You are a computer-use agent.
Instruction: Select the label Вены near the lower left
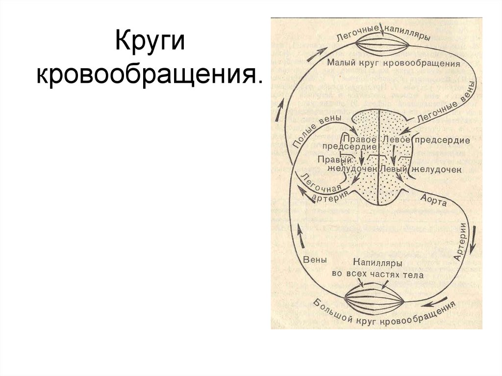(315, 260)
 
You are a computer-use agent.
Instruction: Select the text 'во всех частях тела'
(377, 275)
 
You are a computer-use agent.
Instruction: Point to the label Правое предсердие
(350, 143)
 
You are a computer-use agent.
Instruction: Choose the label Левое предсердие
(426, 141)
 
